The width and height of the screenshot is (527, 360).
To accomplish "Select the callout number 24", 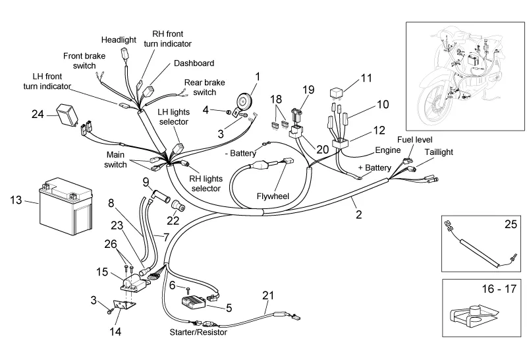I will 38,114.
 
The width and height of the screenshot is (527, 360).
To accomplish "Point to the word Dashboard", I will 194,63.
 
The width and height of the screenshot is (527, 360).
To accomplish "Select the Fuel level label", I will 412,140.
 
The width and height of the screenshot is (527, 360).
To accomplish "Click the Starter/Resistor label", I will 198,332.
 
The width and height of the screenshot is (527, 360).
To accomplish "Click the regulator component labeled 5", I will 197,303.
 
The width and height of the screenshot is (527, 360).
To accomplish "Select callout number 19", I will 309,90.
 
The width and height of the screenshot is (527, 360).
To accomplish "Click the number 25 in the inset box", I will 511,225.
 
